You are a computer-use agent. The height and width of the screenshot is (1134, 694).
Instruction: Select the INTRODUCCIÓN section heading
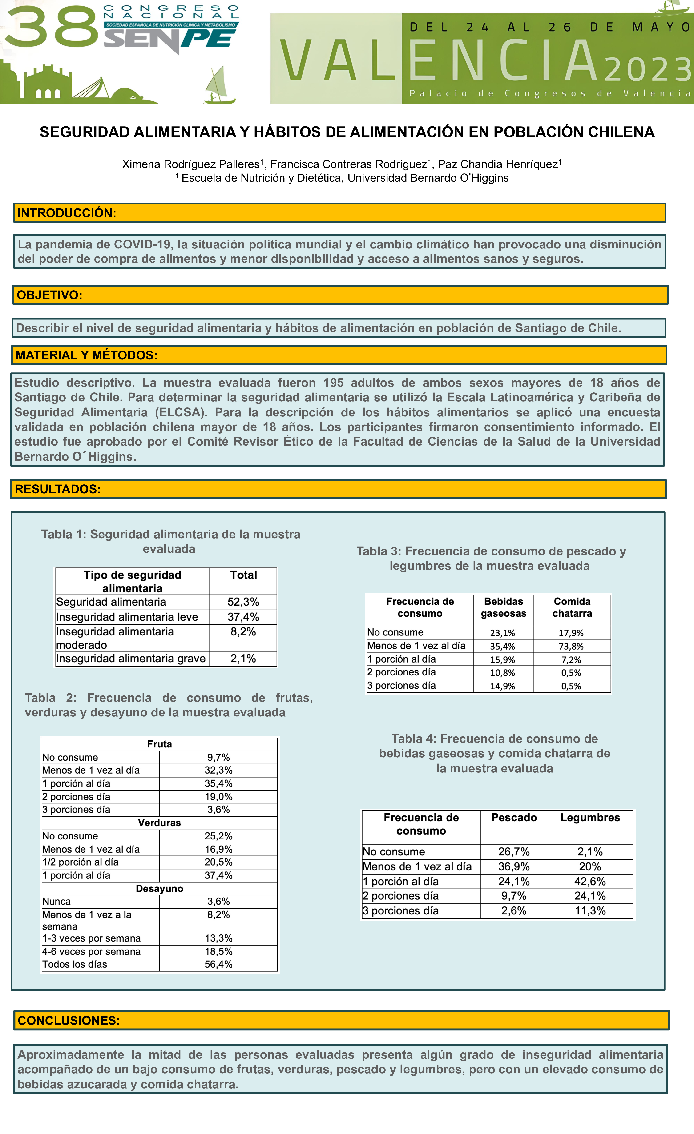pos(67,213)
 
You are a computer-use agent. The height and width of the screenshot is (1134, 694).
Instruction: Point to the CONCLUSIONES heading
pos(69,1020)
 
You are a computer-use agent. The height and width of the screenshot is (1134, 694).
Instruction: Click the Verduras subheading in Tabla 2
pos(159,823)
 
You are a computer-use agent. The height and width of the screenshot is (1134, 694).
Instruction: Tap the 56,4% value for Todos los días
pos(218,964)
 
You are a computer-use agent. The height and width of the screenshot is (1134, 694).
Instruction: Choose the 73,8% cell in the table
pos(571,646)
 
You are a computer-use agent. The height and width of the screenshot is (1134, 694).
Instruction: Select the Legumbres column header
pos(590,817)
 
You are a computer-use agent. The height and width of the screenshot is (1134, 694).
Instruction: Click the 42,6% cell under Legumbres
pos(590,881)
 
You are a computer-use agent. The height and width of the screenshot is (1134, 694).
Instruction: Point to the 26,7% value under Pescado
pos(514,851)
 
